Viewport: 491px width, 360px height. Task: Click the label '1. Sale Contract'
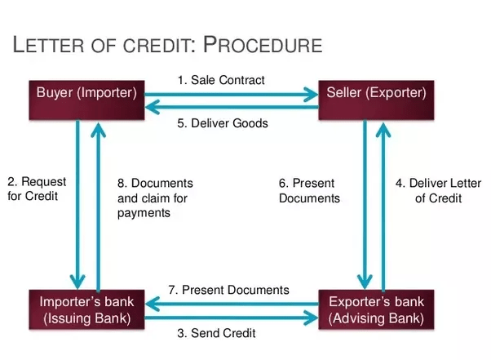click(x=222, y=80)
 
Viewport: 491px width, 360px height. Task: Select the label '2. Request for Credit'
click(x=38, y=189)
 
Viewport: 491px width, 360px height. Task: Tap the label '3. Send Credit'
click(x=217, y=333)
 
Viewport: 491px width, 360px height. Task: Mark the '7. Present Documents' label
click(x=228, y=290)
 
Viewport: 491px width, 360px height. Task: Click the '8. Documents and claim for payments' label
click(x=154, y=198)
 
